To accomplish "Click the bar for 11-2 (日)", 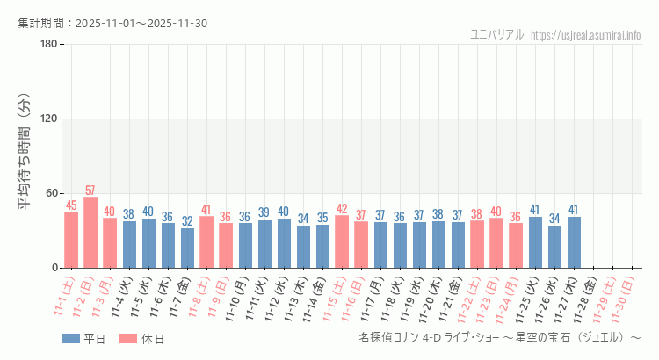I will click(91, 233).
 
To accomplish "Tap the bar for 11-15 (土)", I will click(342, 241).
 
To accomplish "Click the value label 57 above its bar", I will click(91, 191).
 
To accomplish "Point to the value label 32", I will click(187, 221).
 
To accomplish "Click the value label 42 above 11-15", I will click(342, 209).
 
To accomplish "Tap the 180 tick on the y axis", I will click(49, 45).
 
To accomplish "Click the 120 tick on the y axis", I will click(49, 119).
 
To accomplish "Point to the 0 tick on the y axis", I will click(54, 268).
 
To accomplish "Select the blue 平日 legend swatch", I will click(70, 338).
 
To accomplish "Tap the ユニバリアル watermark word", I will click(497, 34).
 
